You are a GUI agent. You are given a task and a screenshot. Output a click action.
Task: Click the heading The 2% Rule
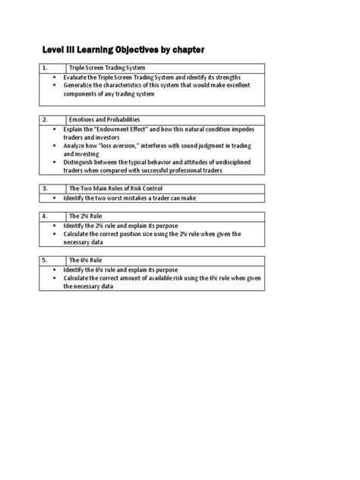tap(87, 216)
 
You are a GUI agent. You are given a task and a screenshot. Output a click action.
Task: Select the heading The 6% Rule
tap(87, 260)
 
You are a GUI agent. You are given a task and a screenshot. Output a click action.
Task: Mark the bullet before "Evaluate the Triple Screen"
tap(55, 78)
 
